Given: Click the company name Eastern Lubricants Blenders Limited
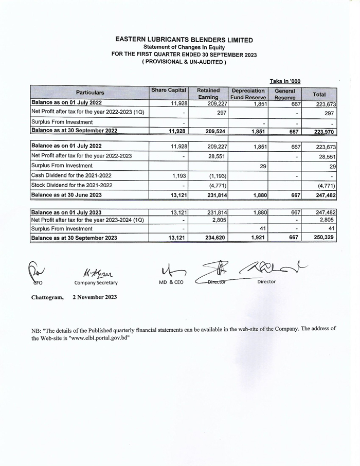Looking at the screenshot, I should pos(184,40).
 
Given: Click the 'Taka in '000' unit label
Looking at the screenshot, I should pos(285,81).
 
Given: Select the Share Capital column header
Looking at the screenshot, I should pos(169,90).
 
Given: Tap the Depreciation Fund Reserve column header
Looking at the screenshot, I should pos(248,93).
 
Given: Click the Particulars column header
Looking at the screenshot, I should pos(90,93).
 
